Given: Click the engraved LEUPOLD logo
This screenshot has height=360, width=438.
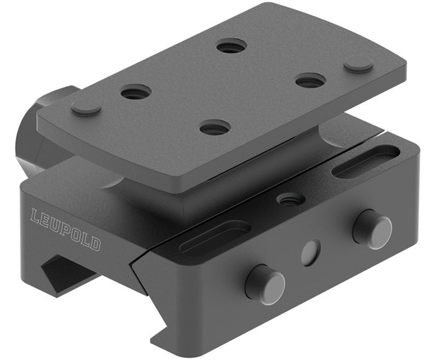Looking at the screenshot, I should (66, 229).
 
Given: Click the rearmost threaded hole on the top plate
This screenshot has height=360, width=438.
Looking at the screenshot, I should (231, 47).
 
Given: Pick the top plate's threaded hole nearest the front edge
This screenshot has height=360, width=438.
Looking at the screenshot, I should (215, 129).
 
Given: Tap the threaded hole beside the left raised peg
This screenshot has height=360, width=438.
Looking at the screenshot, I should (136, 92).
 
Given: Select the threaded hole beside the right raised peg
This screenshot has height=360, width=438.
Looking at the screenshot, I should (310, 81).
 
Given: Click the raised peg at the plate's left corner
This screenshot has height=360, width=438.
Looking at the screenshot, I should (87, 107).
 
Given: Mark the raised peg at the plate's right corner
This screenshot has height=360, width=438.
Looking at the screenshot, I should (359, 64).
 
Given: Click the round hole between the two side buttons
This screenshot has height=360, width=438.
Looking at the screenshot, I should (311, 251).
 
